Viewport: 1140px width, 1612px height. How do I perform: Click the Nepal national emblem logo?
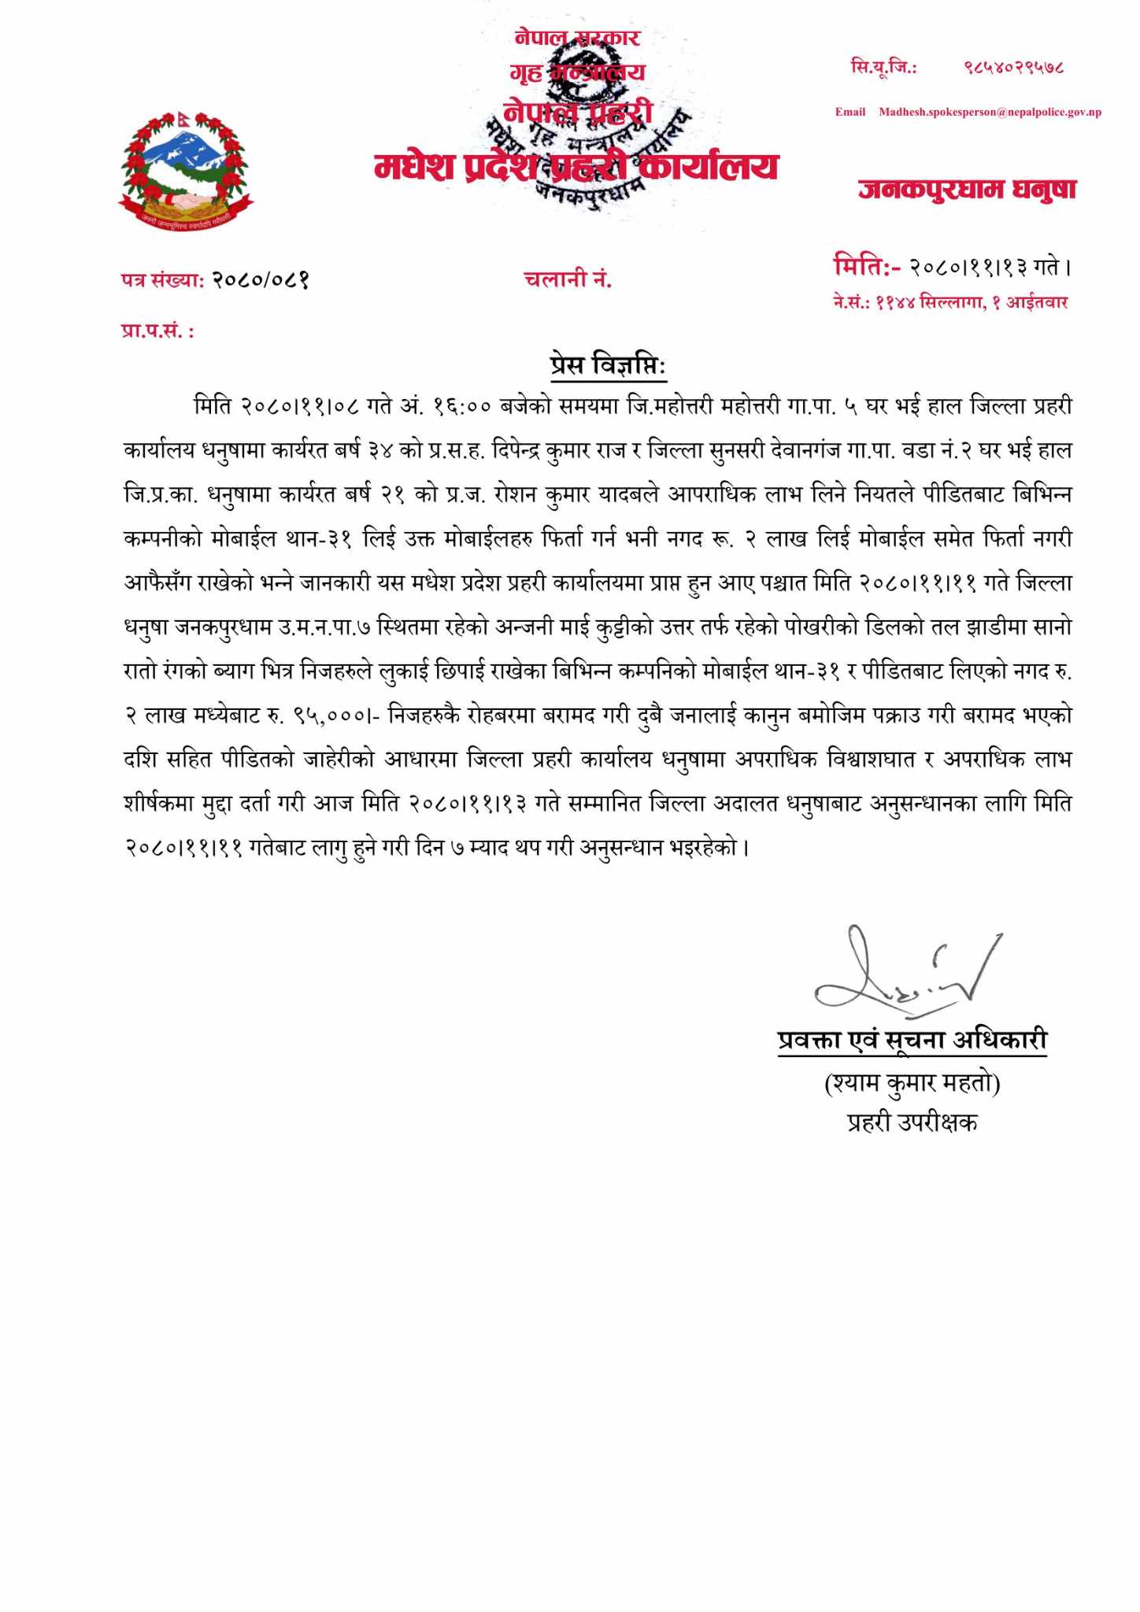coord(186,170)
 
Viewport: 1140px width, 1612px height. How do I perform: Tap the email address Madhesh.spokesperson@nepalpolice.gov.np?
coord(990,112)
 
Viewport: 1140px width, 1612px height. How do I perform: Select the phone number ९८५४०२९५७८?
coord(1014,68)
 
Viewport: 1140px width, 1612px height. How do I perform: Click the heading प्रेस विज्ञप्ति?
coord(607,365)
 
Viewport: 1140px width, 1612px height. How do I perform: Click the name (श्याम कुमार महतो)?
coord(912,1084)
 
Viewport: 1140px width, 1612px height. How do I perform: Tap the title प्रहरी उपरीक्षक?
coord(912,1122)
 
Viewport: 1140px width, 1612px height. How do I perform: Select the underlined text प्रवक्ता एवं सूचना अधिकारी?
coord(912,1040)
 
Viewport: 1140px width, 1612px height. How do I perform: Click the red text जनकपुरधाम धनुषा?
coord(967,189)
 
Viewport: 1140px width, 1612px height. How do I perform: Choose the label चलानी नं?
coord(568,279)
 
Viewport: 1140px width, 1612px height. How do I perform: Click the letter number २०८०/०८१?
coord(261,279)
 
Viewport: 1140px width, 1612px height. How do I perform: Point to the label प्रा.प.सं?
coord(157,331)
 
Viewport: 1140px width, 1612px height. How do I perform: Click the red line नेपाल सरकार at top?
coord(577,37)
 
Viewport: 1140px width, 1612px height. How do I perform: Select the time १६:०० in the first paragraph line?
coord(462,407)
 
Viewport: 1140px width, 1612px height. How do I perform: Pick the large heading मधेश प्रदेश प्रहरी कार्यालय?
coord(576,167)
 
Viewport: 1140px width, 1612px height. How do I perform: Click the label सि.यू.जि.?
coord(883,68)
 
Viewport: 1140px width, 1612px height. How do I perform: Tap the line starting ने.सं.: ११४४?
coord(950,302)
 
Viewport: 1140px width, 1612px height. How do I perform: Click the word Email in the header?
coord(849,112)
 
